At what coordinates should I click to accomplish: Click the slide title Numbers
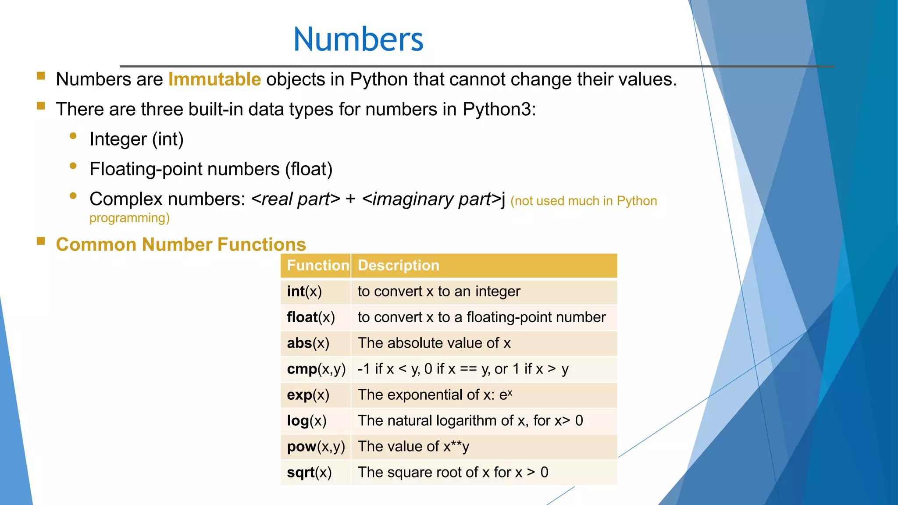(358, 39)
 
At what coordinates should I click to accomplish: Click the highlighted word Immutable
(214, 79)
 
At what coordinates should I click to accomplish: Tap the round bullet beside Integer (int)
(73, 136)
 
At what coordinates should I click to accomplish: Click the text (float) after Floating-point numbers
(309, 169)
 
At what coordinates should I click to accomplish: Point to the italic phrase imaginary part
(432, 199)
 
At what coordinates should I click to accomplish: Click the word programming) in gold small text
(129, 218)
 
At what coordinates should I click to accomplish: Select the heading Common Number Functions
(181, 245)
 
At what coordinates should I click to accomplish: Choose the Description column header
(398, 266)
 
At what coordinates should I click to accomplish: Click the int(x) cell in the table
(304, 292)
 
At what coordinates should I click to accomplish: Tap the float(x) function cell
(310, 317)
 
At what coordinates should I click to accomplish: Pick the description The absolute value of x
(434, 343)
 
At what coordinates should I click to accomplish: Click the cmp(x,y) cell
(316, 369)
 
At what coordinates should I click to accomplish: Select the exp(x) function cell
(308, 395)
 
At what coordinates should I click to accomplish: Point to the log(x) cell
(306, 421)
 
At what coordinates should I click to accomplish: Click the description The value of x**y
(413, 447)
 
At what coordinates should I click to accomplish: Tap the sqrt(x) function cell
(309, 473)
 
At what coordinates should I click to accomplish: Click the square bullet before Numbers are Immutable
(41, 76)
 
